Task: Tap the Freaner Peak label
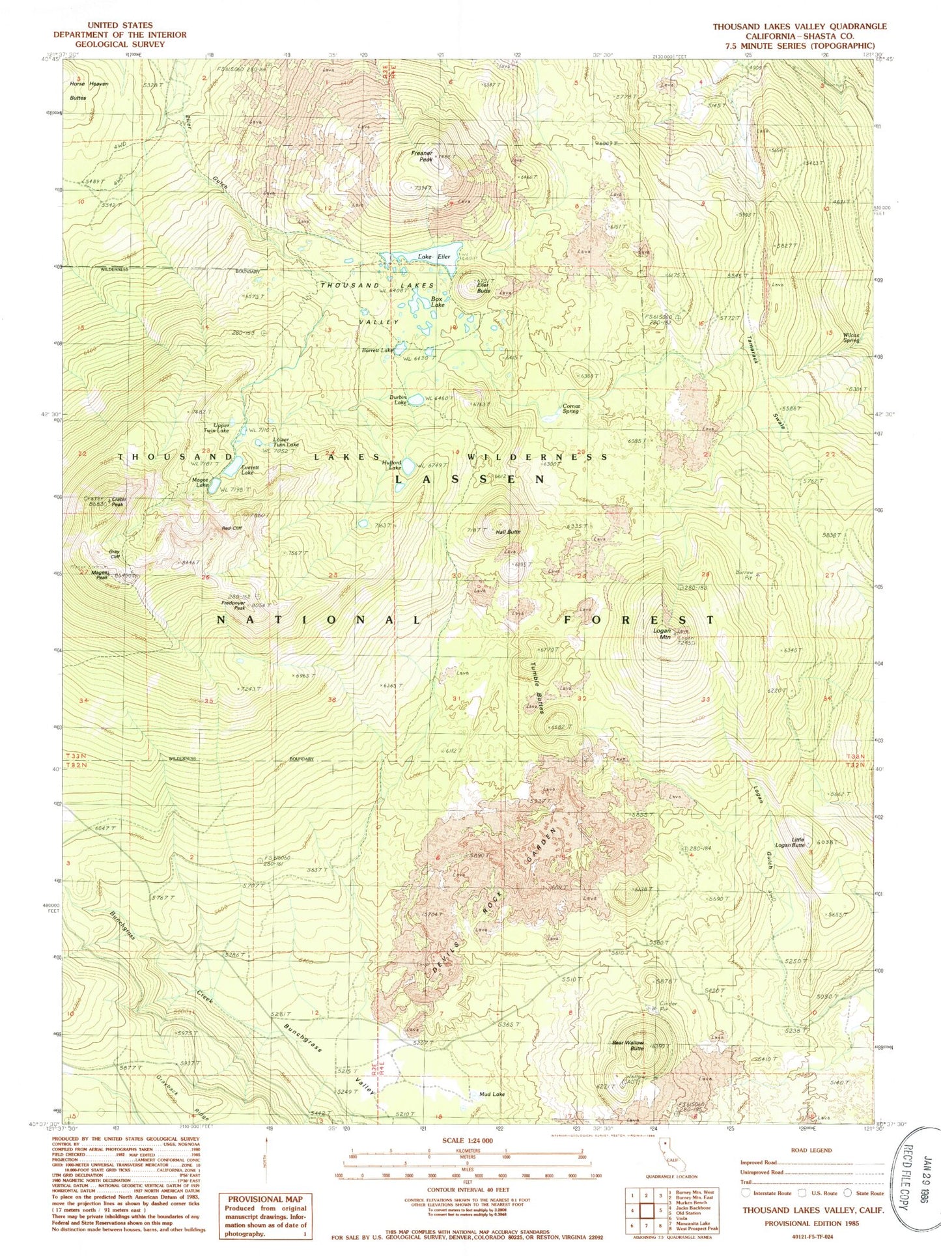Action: tap(422, 155)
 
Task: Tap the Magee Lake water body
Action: tap(214, 486)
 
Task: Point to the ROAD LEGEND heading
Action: tap(811, 1150)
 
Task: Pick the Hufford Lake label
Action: tap(395, 465)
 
